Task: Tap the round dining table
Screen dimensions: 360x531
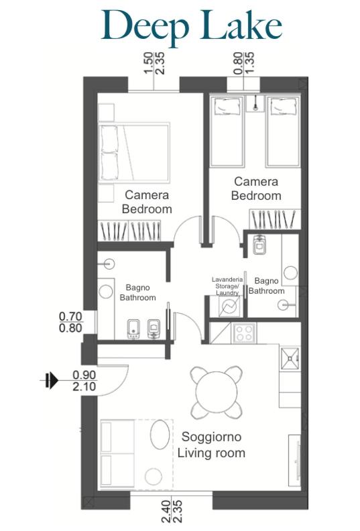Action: point(217,392)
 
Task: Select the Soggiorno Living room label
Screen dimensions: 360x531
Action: point(211,445)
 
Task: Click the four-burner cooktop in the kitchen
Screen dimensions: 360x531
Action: point(244,333)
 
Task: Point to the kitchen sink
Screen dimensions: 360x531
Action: point(290,359)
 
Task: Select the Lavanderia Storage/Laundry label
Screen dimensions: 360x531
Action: point(227,286)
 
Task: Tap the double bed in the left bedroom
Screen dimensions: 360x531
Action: point(134,153)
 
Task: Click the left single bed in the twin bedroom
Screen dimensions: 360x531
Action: point(227,131)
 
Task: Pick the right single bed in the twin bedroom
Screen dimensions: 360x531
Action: point(283,131)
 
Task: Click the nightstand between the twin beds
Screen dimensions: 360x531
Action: point(255,103)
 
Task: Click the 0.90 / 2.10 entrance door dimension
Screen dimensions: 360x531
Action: point(84,381)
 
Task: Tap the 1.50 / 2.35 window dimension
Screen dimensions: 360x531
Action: point(154,63)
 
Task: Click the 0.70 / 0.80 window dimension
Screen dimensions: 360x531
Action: point(70,322)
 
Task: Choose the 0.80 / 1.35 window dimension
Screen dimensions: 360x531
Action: point(244,63)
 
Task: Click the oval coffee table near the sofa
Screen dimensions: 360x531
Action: point(160,435)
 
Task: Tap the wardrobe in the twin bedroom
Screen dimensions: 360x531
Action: point(275,219)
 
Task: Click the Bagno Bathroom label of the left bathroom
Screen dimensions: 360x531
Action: point(137,292)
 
